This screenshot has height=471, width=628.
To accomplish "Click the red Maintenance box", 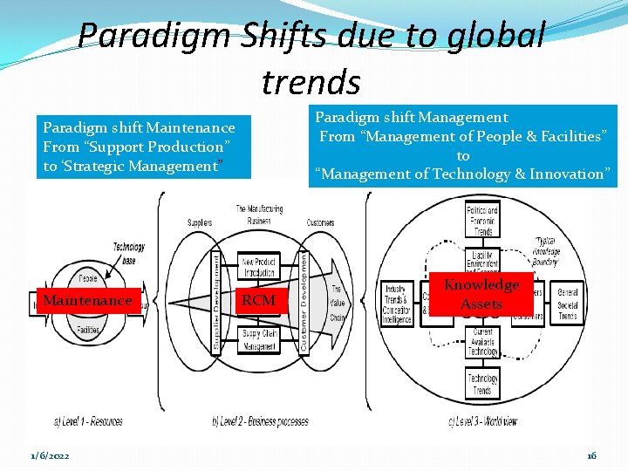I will pos(87,301).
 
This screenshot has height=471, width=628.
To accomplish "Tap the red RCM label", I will pos(258,301).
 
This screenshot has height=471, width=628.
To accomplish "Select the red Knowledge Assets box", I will pos(481,295).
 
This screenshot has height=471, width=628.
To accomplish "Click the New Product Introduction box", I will pos(259,266).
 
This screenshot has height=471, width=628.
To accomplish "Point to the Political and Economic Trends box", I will pos(482,222).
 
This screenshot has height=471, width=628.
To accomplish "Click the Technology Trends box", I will pos(482,385).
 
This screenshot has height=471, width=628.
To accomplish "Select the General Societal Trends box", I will pos(568,304).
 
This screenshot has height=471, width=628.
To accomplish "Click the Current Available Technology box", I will pos(482,342).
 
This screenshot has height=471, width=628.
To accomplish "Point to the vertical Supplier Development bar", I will pos(217,302).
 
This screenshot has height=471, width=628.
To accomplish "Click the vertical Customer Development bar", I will pos(303,301).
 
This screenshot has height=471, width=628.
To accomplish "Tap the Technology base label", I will pos(128,254).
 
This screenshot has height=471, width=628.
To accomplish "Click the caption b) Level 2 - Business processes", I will pos(261,421).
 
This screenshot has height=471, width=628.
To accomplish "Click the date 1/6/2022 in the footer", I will pos(51,456).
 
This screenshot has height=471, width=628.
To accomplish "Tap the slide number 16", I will pos(590,456).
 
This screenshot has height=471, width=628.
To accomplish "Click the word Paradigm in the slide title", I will pos(147,36).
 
